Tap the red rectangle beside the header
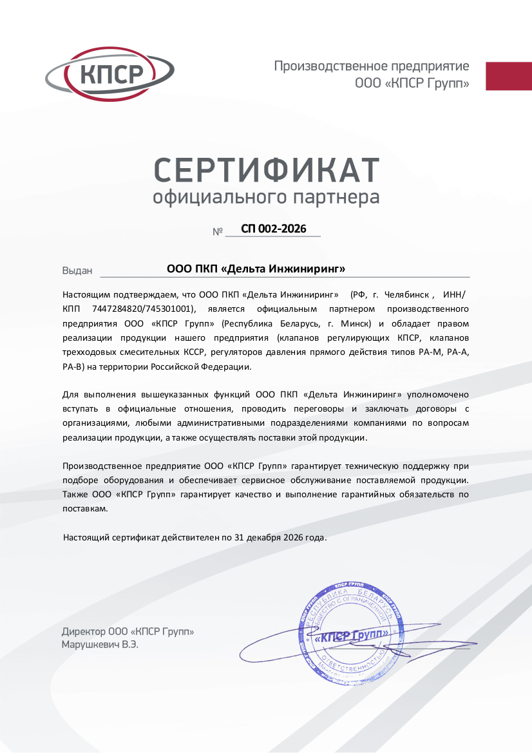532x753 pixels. click(508, 76)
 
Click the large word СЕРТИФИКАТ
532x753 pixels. click(266, 169)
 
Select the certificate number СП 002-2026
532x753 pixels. click(273, 229)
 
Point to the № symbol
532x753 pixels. click(217, 231)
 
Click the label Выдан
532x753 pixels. click(77, 271)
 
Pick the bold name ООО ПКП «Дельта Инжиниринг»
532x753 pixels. click(256, 269)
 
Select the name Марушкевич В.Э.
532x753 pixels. click(100, 644)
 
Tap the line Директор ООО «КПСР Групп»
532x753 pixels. click(128, 632)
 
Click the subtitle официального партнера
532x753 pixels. click(266, 196)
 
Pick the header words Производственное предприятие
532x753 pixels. click(372, 66)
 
